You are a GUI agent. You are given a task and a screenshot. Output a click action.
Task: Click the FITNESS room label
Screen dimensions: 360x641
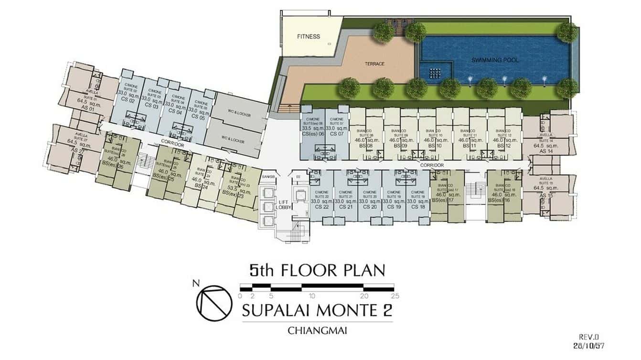(309, 36)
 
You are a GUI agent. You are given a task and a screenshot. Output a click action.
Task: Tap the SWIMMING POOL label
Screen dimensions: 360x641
(495, 60)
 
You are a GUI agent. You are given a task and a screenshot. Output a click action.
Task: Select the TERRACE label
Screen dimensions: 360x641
(375, 64)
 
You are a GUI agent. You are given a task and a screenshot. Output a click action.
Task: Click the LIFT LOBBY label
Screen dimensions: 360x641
(285, 205)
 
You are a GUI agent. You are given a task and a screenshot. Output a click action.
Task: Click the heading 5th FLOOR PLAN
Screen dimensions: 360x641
(317, 270)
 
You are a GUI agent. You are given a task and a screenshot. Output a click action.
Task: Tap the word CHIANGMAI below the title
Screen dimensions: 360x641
(317, 329)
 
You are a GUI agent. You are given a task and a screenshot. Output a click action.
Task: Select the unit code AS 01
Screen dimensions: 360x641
(89, 109)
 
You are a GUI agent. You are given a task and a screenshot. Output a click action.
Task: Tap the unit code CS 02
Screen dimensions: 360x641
(127, 101)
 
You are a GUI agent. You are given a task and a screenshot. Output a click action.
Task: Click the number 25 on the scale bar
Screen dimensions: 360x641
(395, 296)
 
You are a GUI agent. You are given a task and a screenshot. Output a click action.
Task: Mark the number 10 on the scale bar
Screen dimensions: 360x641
(311, 296)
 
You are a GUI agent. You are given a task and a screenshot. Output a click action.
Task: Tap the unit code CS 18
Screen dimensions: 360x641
(418, 207)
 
